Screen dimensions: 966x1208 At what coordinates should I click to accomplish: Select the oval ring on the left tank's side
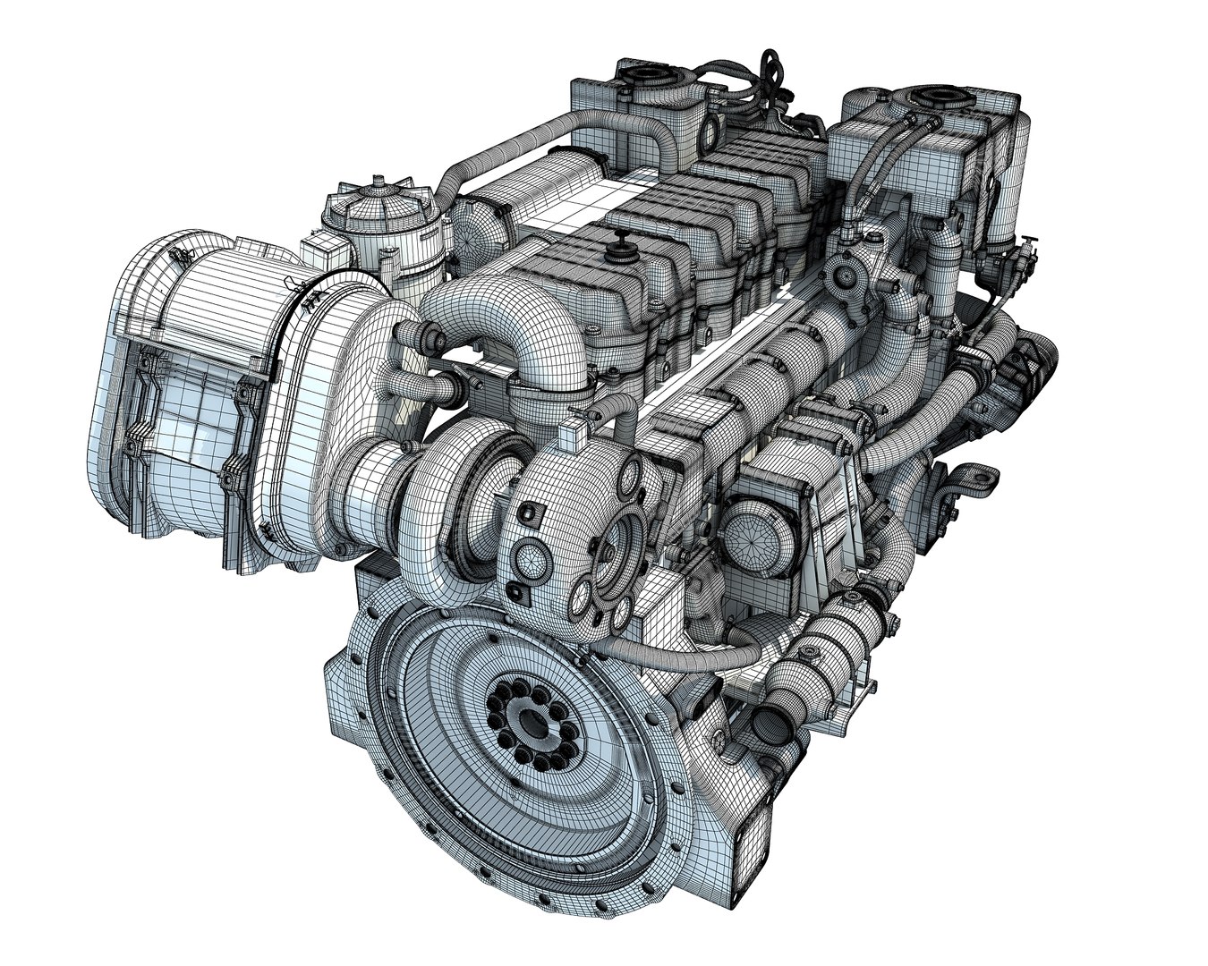point(709,132)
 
